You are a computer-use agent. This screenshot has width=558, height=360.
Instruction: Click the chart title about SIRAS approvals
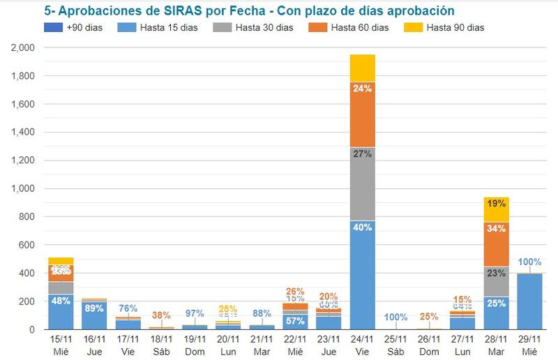[249, 12]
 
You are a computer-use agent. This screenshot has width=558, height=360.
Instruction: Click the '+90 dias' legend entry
[82, 28]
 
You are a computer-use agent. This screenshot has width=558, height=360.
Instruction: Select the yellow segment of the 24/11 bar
[363, 68]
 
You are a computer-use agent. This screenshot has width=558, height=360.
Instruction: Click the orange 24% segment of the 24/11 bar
[363, 114]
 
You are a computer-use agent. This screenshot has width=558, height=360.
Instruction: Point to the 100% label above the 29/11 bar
[529, 262]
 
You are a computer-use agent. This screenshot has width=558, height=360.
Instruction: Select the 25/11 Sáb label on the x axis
[396, 345]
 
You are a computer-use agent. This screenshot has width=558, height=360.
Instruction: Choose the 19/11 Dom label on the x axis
[195, 345]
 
